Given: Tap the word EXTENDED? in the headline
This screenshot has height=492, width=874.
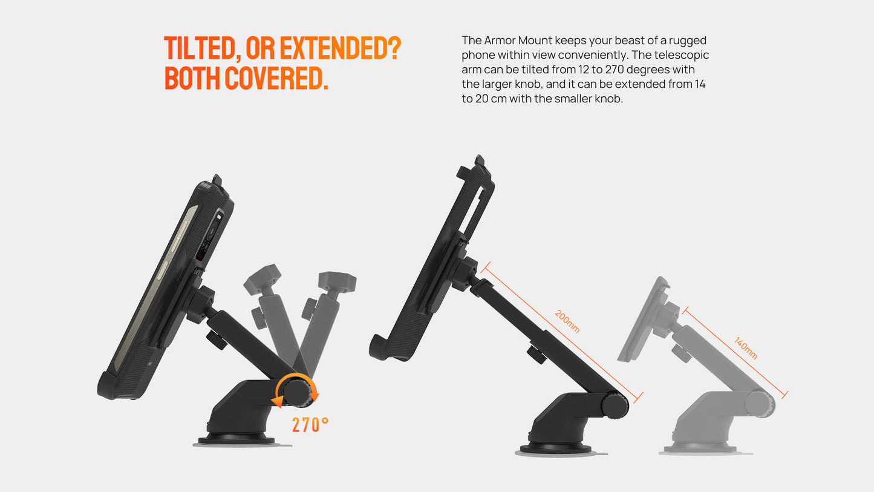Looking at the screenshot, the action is click(341, 48).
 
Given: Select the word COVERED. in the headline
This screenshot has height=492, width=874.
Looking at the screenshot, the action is click(276, 78).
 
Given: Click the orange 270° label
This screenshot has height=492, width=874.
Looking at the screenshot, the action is click(310, 425).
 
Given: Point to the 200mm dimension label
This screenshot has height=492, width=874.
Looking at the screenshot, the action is click(567, 321).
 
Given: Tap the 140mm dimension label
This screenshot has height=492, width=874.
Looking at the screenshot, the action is click(746, 348).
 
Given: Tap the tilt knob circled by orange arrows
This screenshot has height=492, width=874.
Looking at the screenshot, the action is click(296, 392).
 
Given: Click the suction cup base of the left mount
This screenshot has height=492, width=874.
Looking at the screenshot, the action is click(235, 438).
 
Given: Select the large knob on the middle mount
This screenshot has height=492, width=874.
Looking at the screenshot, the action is click(615, 405).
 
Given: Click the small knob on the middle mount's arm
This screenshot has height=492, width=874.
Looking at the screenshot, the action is click(536, 354).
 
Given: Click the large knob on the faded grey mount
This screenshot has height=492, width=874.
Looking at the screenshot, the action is click(760, 404).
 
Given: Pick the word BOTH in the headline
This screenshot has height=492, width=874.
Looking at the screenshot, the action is click(192, 78).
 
